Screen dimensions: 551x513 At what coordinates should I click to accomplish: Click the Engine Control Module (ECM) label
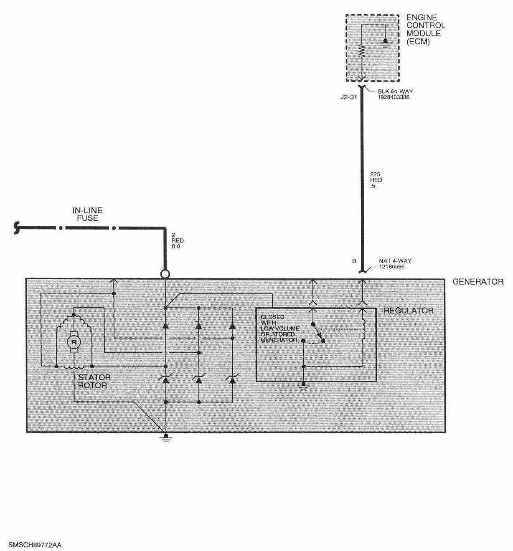tap(426, 30)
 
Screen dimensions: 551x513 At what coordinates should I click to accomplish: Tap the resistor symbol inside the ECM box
tap(362, 51)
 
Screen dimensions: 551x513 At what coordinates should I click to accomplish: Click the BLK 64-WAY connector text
tap(395, 94)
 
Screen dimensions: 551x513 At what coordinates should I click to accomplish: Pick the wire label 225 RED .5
tap(376, 180)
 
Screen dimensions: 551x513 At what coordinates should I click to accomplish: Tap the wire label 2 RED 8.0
tap(178, 241)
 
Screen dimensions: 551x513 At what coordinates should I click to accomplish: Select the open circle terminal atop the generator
tap(165, 274)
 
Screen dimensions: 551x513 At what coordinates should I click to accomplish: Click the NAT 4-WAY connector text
tap(395, 263)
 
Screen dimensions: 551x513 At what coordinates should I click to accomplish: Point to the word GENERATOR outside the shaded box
tap(478, 282)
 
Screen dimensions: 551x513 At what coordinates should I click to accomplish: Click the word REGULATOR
tap(408, 311)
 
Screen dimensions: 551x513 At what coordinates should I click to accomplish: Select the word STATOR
tap(94, 377)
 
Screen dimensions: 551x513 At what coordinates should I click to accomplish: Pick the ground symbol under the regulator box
tap(304, 386)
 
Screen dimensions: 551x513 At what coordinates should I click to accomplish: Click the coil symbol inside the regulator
tap(364, 329)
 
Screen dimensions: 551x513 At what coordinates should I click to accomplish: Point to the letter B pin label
tap(354, 261)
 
